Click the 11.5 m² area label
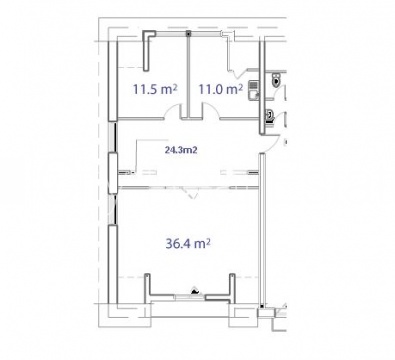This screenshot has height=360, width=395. (155, 89)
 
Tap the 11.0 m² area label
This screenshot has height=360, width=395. (220, 89)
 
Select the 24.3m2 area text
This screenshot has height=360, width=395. (181, 150)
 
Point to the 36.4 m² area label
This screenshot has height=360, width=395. (188, 244)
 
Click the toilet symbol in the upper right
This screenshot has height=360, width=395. (277, 80)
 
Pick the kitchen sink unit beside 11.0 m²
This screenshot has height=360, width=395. (253, 90)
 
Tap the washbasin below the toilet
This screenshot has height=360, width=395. (269, 116)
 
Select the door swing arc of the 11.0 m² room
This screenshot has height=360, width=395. (211, 110)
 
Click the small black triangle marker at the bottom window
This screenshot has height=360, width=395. (195, 291)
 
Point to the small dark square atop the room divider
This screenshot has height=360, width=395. (188, 33)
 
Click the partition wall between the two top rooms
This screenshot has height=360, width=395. (189, 76)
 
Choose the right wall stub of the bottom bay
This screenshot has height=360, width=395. (232, 287)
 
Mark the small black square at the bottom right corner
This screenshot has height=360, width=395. (262, 306)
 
